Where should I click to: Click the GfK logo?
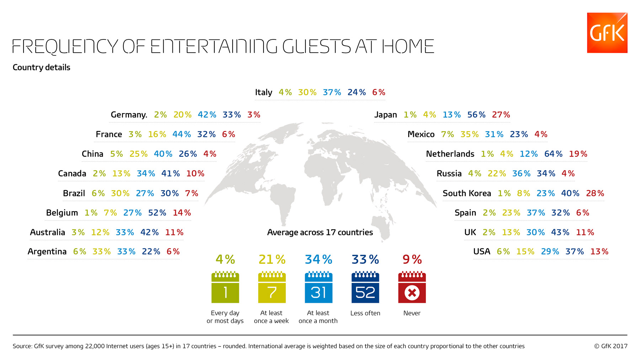607,33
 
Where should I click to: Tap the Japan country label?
385,115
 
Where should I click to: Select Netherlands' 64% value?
553,154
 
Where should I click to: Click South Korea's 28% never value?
595,193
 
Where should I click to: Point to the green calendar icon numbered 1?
225,287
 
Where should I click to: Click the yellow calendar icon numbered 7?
272,287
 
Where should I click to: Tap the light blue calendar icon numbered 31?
319,287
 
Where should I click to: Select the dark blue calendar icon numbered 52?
365,287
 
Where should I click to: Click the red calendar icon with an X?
412,287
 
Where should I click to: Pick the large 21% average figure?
272,259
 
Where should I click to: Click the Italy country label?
263,92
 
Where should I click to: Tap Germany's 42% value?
207,115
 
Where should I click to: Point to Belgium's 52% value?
157,213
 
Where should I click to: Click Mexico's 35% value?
469,134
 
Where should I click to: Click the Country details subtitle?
41,68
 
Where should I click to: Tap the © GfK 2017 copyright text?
610,346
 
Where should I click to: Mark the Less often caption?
365,313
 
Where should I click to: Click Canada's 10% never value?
195,174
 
